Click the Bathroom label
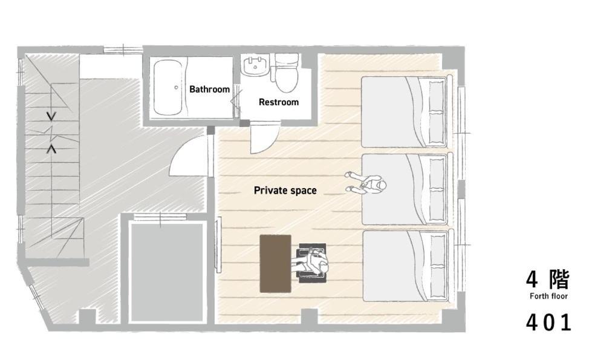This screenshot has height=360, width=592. tap(210, 89)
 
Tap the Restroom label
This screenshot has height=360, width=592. tap(279, 102)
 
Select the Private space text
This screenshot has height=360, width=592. tap(285, 191)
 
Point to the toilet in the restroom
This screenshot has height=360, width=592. tap(287, 73)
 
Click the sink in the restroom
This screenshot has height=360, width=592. tap(256, 66)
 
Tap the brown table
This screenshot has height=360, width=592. tap(275, 264)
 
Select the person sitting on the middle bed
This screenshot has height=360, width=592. tap(366, 183)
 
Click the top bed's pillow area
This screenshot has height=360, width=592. tap(436, 112)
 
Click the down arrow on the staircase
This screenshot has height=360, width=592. tap(51, 116)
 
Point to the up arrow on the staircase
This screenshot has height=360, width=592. tap(51, 149)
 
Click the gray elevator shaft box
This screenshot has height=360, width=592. tap(168, 272)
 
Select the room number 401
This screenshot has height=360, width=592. tap(548, 323)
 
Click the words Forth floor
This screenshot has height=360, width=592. tap(548, 296)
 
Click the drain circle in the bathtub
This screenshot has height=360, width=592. tap(177, 88)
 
